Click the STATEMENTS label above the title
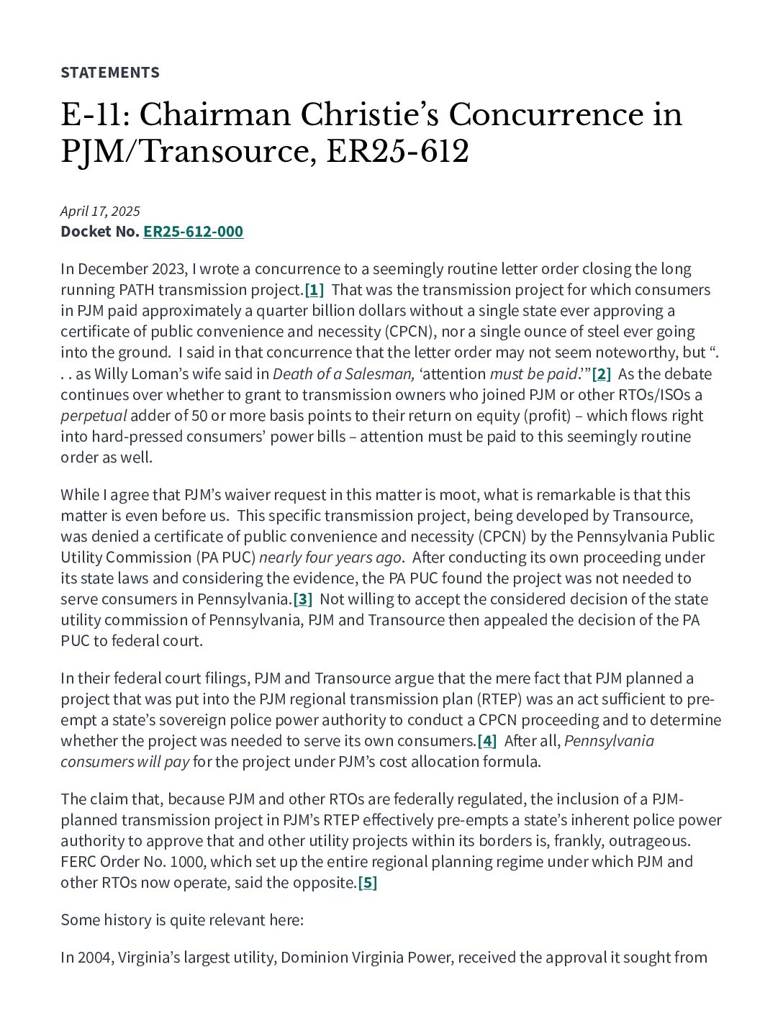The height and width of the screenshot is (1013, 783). [110, 72]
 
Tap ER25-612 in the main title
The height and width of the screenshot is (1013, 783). [397, 152]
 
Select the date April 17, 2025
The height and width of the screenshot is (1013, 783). [100, 211]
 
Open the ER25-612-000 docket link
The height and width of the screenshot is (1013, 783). [193, 232]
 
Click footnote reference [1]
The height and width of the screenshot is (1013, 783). [314, 290]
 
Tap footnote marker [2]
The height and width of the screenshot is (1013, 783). [601, 374]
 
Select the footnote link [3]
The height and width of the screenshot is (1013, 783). [302, 599]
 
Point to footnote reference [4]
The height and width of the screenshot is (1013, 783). [487, 741]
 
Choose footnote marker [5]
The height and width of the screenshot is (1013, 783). [368, 883]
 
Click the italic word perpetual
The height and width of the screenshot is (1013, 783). [94, 416]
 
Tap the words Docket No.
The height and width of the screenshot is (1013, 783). [99, 232]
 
